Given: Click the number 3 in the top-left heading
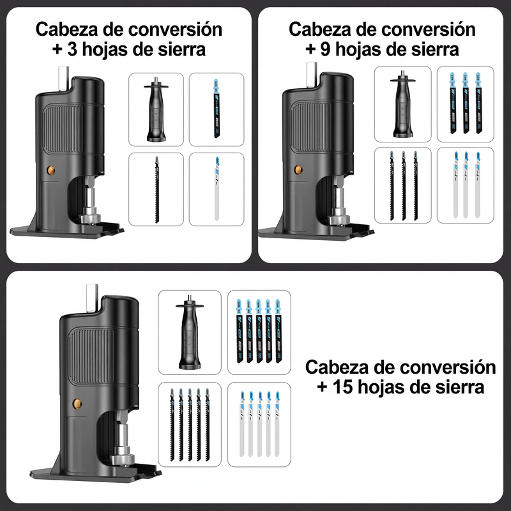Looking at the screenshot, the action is tap(72, 50).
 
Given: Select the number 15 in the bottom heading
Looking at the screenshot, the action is tap(342, 388).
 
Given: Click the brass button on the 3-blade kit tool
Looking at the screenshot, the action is tap(50, 170).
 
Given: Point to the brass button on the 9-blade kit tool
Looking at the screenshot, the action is tap(298, 169).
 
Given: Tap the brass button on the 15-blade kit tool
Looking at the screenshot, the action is tap(77, 404).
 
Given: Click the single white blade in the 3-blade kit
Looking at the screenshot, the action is tap(217, 188).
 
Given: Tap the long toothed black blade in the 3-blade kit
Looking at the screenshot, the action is tap(156, 189).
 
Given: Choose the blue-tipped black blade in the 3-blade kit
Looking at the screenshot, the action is tap(217, 108).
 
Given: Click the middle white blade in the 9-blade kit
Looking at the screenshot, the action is tap(466, 185).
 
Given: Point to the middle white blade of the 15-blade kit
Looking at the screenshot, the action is tap(259, 424).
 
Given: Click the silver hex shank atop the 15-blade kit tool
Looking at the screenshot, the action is tap(92, 298).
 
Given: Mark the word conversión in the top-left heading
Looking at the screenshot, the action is tap(176, 29).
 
